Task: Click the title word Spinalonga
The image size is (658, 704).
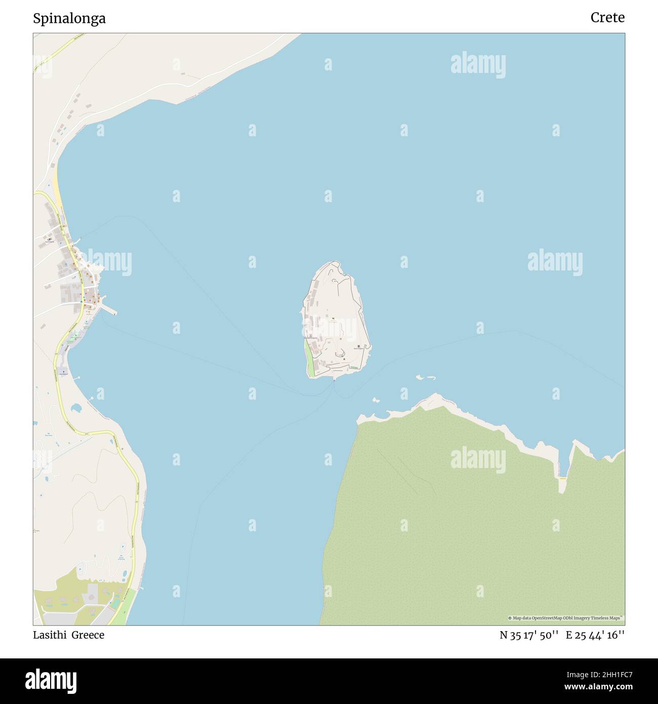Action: tap(69, 19)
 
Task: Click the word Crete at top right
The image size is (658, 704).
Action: tap(607, 18)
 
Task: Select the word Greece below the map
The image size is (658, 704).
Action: tap(88, 635)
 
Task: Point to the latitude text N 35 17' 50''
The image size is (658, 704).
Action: tap(529, 635)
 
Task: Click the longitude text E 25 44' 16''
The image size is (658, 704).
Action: tap(595, 635)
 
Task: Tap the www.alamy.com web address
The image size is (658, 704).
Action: tap(595, 687)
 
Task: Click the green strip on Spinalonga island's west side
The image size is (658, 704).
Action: tap(309, 359)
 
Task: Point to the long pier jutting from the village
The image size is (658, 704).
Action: tap(109, 308)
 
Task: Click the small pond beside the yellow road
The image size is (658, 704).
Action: tap(76, 407)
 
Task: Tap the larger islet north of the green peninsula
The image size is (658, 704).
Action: tap(426, 378)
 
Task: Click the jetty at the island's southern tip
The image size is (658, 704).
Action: tap(334, 377)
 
